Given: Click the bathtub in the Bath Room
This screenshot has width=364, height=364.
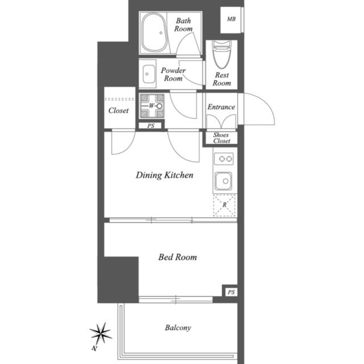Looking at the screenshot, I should tap(154, 33).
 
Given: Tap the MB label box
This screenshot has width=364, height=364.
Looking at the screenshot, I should tap(231, 19).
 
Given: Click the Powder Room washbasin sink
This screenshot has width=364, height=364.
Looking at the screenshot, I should tap(150, 74).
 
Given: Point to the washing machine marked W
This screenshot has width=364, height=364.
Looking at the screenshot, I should tap(152, 106).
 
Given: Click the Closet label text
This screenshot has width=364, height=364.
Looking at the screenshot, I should tap(118, 110).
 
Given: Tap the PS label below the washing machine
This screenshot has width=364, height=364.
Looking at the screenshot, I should tap(151, 126).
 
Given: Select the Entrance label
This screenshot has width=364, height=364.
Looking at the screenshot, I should tap(221, 107).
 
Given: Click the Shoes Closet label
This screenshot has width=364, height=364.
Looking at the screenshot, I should tap(222, 138).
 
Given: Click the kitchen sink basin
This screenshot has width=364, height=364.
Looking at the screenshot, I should tap(224, 182).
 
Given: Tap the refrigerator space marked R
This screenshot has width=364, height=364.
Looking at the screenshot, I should tap(225, 205).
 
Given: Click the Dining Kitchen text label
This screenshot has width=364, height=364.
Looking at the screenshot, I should tap(164, 175).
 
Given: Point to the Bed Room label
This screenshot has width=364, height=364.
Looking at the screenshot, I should tap(177, 257).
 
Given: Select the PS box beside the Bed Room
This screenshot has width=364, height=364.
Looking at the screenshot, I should tap(230, 292).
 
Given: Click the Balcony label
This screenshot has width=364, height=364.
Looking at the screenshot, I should tap(178, 328).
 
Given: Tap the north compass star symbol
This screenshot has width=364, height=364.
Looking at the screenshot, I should tap(101, 332).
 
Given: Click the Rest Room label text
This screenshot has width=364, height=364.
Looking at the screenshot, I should tap(222, 79).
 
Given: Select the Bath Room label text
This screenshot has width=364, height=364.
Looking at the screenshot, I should tap(183, 24).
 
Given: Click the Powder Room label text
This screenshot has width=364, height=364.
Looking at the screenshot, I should tap(173, 75).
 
